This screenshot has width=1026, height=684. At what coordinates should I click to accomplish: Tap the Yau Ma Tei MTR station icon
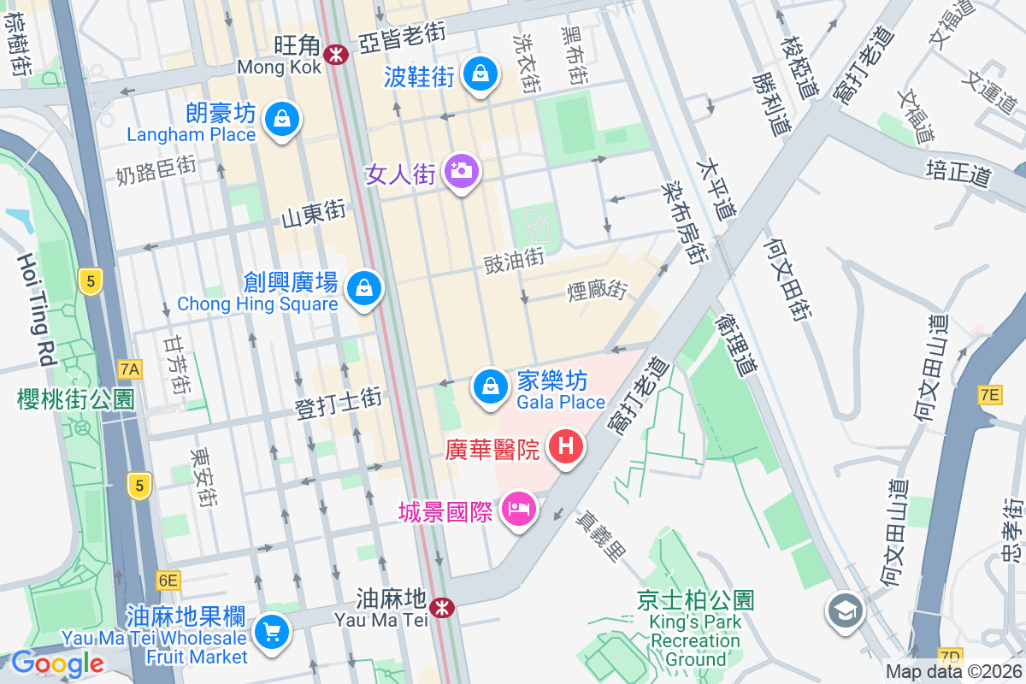coord(442,608)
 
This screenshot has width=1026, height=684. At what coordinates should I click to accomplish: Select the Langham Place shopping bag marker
coord(281,119)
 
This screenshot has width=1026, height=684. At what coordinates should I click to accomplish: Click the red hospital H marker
coord(565,446)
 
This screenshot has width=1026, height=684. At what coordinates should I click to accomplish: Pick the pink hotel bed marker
coord(519,510)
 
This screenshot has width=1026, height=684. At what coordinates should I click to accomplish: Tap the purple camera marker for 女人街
coord(462,171)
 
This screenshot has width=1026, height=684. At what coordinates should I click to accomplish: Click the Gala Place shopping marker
coord(491,386)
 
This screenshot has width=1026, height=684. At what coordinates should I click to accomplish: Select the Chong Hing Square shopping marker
coord(365,288)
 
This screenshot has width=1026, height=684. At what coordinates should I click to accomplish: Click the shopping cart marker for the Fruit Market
coord(273,633)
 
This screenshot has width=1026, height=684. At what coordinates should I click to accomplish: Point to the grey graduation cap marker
coord(845,610)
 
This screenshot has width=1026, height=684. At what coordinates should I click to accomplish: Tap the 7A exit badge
coord(130,369)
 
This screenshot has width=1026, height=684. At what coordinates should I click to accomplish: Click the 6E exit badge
coord(168,581)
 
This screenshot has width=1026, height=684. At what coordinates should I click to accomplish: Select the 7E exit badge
coord(989,394)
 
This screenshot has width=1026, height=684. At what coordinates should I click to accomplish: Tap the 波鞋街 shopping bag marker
coord(481,74)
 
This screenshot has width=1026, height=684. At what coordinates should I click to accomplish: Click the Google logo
coord(58,663)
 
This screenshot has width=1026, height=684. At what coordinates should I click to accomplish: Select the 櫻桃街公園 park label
coord(76,398)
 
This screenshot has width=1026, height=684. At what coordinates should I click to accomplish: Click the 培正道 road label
coord(959,175)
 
